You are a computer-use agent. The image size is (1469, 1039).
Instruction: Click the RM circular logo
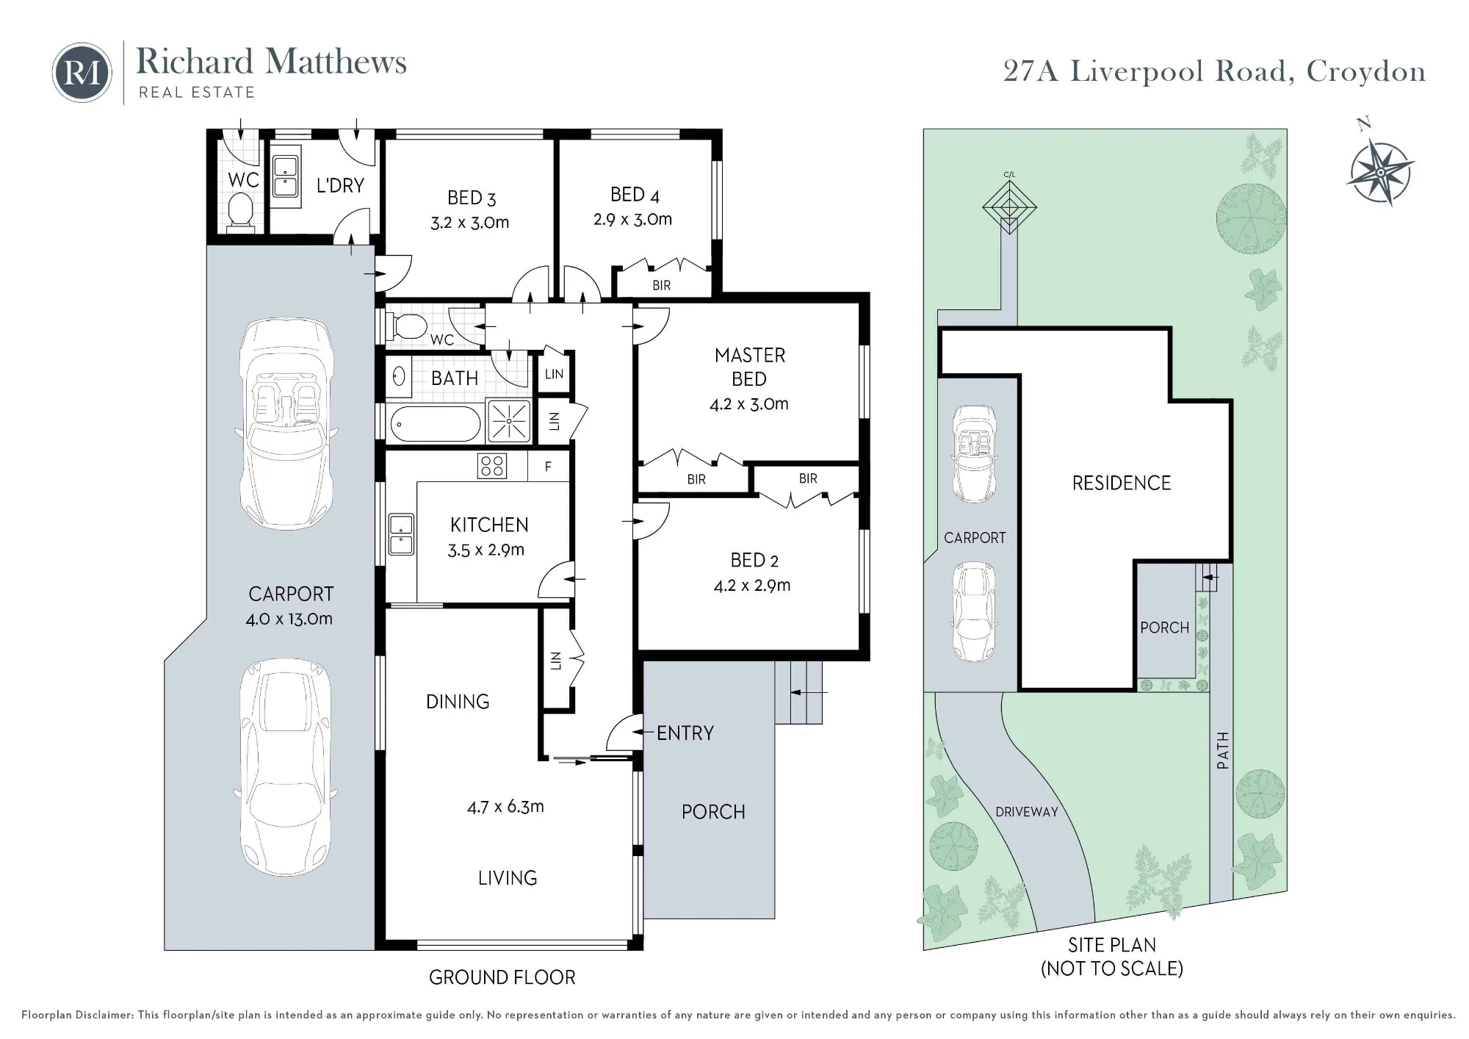(82, 72)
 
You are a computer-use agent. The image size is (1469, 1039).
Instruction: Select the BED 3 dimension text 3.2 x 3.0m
(469, 223)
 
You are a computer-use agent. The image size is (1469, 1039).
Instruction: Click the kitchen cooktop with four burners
(491, 466)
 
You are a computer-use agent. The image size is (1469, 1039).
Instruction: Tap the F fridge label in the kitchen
(548, 467)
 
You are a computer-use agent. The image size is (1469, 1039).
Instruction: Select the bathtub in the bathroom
(435, 424)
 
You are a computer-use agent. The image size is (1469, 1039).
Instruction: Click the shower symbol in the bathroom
(509, 422)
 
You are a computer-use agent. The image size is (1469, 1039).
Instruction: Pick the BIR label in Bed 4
(661, 285)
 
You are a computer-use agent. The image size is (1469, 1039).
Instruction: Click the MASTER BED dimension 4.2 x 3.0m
(748, 403)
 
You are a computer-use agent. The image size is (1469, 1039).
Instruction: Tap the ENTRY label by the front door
(685, 733)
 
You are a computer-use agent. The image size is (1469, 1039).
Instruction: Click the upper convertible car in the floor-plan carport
(286, 423)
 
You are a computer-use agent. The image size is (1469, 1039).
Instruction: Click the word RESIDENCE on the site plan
(1121, 483)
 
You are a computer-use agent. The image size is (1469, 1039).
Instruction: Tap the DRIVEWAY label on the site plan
(1026, 812)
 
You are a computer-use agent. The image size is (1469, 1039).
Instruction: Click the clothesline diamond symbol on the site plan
(1009, 207)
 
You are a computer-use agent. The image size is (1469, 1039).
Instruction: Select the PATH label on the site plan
(1222, 750)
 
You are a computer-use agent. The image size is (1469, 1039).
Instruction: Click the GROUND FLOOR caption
(502, 977)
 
